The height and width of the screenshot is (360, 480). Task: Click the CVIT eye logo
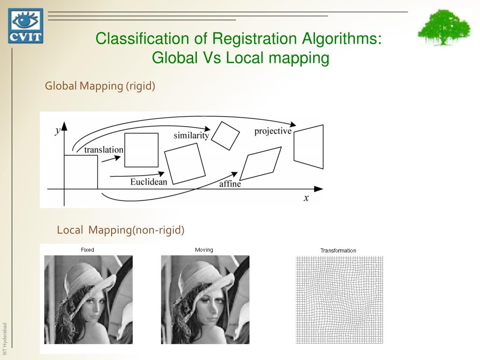tap(25, 26)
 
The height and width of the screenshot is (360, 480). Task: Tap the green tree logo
tap(443, 28)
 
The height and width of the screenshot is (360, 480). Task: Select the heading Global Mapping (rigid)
tap(100, 86)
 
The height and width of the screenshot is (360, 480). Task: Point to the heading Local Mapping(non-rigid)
tap(121, 230)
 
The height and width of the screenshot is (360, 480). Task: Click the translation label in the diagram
tap(104, 150)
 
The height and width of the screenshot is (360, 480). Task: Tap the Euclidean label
tap(149, 181)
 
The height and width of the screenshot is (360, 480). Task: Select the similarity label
tap(191, 135)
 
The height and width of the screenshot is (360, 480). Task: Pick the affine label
tap(230, 184)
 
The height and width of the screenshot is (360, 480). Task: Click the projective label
tap(273, 131)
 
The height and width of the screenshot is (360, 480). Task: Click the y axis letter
tap(58, 131)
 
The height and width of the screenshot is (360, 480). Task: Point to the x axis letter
tap(306, 198)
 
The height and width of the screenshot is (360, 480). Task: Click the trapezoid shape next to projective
tap(308, 147)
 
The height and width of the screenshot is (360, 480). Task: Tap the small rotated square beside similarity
tap(225, 135)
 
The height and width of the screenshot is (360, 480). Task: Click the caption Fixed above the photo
tap(88, 250)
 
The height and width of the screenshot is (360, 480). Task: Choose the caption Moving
tap(204, 250)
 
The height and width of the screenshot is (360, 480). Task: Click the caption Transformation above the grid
tap(338, 250)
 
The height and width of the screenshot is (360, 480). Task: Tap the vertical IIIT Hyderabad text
tap(5, 335)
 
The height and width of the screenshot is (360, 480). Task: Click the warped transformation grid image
tap(339, 300)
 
